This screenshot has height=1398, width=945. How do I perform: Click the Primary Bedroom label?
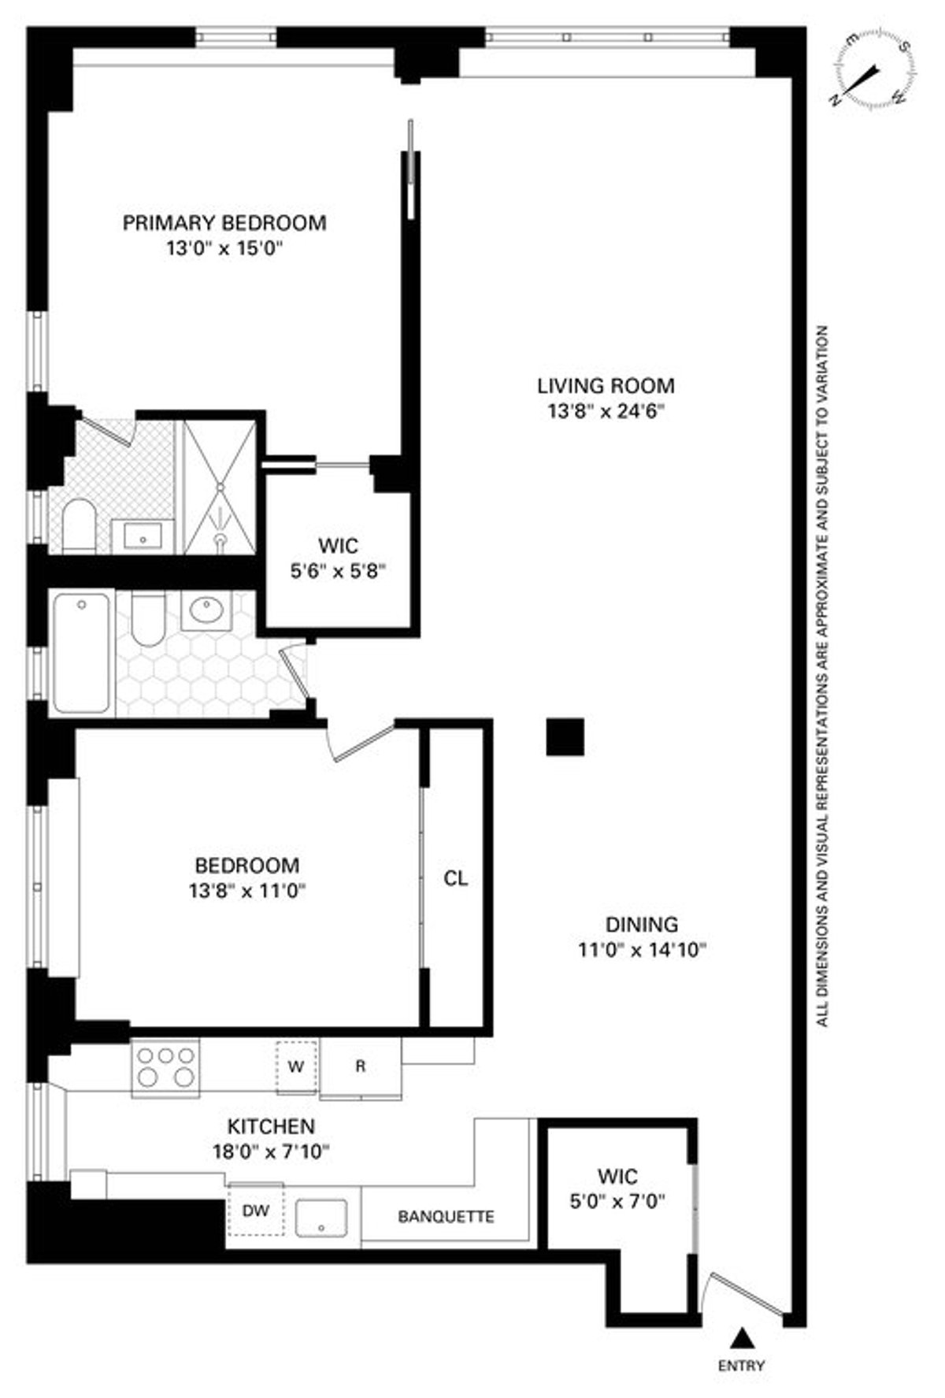(224, 223)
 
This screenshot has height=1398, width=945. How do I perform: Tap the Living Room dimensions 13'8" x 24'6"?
(606, 411)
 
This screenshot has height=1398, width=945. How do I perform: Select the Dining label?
(641, 924)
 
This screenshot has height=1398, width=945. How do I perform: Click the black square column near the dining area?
(565, 737)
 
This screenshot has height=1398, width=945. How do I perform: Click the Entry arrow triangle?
(739, 1336)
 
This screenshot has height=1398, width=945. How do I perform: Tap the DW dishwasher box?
(255, 1211)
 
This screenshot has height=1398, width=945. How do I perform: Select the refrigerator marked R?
(361, 1067)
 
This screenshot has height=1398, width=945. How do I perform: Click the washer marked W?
(296, 1067)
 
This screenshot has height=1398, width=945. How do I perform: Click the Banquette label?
(446, 1217)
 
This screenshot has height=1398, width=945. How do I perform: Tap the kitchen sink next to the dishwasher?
(321, 1218)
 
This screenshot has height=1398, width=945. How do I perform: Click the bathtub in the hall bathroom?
(82, 652)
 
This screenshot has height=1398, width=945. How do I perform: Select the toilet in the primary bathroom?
(79, 525)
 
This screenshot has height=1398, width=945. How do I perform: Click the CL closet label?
(456, 878)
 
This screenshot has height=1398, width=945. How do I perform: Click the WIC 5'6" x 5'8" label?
(338, 558)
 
